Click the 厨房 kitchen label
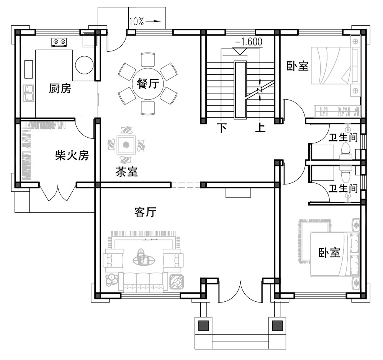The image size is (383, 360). pyautogui.click(x=60, y=89)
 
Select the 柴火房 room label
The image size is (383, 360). pyautogui.click(x=72, y=155)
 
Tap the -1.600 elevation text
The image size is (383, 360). pyautogui.click(x=249, y=42)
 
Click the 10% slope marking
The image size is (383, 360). pyautogui.click(x=136, y=22)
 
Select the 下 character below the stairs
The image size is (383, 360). pyautogui.click(x=222, y=128)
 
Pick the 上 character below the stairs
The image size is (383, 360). pyautogui.click(x=260, y=128)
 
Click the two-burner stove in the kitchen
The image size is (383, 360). pyautogui.click(x=60, y=41)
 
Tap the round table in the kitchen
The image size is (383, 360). pyautogui.click(x=84, y=65)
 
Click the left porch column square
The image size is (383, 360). pyautogui.click(x=203, y=325)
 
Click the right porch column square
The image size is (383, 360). pyautogui.click(x=277, y=325)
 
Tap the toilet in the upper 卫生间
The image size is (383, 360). pyautogui.click(x=346, y=150)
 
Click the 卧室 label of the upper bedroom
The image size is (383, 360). pyautogui.click(x=298, y=66)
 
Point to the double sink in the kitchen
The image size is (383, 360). pyautogui.click(x=28, y=93)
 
